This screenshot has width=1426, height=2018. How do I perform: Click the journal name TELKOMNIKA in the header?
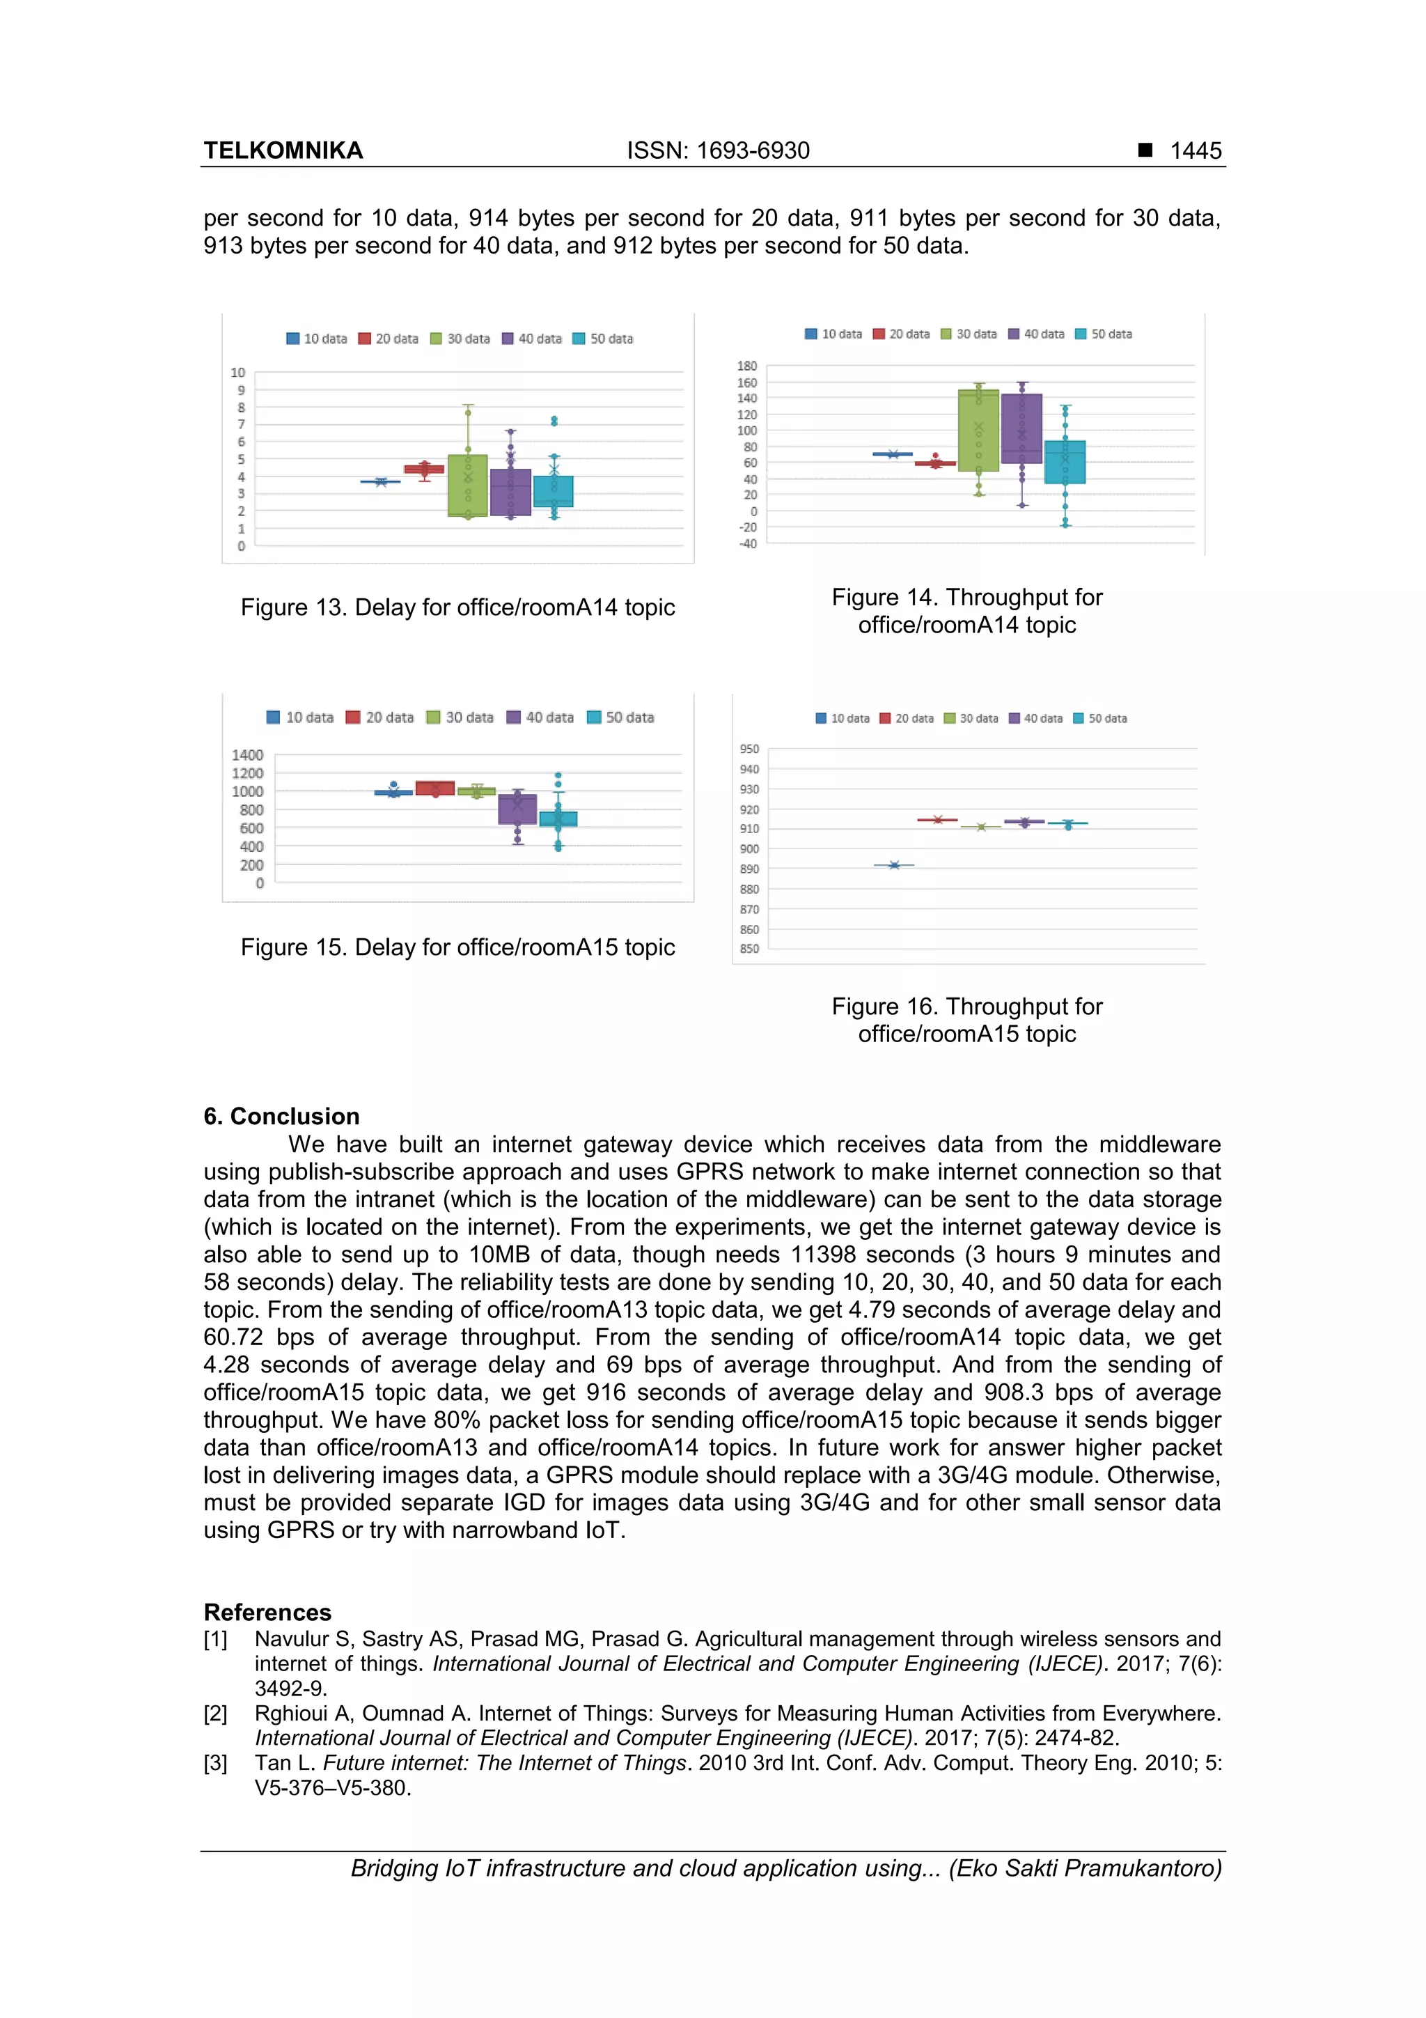pyautogui.click(x=283, y=150)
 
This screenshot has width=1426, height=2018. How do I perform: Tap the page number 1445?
pyautogui.click(x=1195, y=150)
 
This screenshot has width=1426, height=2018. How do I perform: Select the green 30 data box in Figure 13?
pyautogui.click(x=467, y=485)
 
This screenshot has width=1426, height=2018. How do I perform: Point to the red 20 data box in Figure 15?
pyautogui.click(x=435, y=789)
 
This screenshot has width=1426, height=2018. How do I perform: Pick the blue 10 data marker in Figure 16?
pyautogui.click(x=893, y=865)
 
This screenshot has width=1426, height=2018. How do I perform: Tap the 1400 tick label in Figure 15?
pyautogui.click(x=247, y=755)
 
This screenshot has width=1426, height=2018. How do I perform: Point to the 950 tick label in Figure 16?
pyautogui.click(x=749, y=749)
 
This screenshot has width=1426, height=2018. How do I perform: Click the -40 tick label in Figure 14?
pyautogui.click(x=747, y=543)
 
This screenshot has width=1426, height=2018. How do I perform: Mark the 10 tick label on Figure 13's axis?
pyautogui.click(x=237, y=373)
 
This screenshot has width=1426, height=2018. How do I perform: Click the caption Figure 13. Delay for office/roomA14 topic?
pyautogui.click(x=457, y=607)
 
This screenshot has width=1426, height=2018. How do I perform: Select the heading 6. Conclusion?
pyautogui.click(x=281, y=1116)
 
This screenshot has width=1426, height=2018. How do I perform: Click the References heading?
pyautogui.click(x=267, y=1612)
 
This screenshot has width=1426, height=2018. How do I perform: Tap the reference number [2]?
pyautogui.click(x=215, y=1713)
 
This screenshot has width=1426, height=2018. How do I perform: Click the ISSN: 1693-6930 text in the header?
pyautogui.click(x=718, y=150)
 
